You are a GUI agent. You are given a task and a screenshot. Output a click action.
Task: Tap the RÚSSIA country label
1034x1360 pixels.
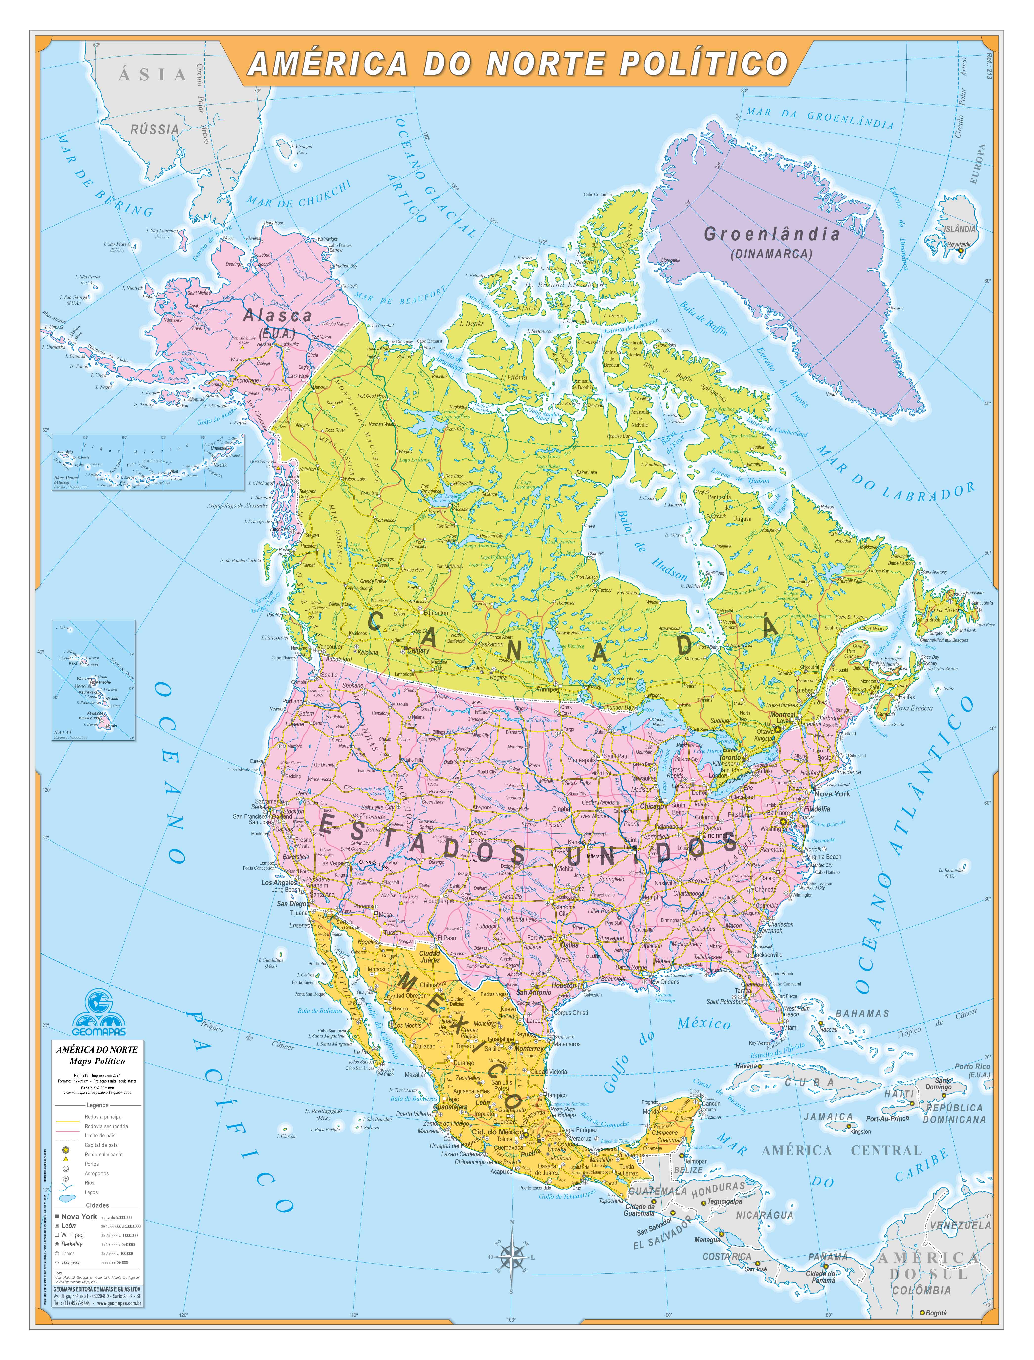click(154, 129)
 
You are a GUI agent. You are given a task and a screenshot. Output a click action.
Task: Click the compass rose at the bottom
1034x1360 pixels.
click(511, 1255)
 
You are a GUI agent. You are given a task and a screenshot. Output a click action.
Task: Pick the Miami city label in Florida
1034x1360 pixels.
click(790, 1027)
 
